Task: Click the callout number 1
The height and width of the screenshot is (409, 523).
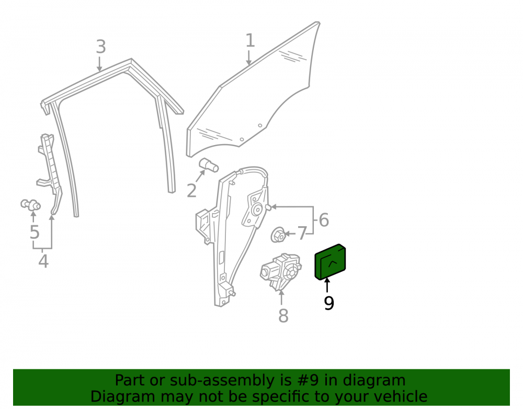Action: tap(250, 40)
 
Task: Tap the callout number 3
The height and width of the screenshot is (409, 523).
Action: tap(101, 47)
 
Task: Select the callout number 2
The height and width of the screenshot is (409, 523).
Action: tap(191, 191)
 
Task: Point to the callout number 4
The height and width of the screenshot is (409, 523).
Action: tap(43, 261)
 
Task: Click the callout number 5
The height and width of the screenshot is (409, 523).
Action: tap(35, 232)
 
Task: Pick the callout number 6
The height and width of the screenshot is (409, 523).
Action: tap(324, 220)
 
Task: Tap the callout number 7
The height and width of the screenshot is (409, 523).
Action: tap(302, 234)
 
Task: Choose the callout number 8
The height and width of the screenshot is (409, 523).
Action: tap(283, 315)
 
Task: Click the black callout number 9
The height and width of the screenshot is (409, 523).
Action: tap(328, 303)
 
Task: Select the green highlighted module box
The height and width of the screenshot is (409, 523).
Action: tap(330, 262)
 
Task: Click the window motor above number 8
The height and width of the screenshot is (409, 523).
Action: tap(281, 271)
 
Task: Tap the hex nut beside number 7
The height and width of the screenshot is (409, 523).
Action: tap(278, 235)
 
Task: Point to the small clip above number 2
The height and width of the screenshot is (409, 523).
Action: tap(209, 164)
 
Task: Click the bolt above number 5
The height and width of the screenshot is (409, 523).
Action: tap(31, 205)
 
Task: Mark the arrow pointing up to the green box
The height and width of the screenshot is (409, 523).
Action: tap(327, 285)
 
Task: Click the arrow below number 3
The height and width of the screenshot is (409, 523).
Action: tap(99, 64)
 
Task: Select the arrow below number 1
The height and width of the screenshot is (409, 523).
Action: tap(248, 58)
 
